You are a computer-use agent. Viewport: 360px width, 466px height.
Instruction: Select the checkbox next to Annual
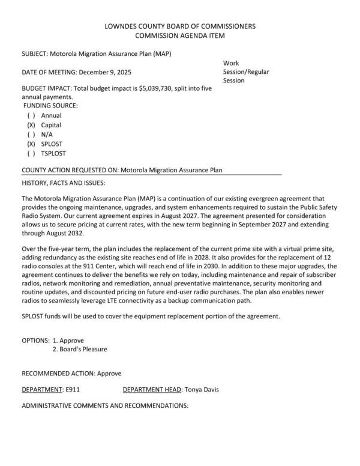pos(31,115)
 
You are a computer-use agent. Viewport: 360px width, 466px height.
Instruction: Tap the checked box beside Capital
pos(31,125)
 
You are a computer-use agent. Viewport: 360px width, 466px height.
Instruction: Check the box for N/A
pos(31,135)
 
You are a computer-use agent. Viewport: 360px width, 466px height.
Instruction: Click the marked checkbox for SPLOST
pos(31,145)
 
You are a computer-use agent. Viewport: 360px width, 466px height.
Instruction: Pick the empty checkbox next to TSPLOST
pos(31,154)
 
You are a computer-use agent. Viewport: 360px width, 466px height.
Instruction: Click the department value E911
pos(70,390)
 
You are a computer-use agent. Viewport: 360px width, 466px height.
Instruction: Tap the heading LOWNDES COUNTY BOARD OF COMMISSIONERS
pos(180,26)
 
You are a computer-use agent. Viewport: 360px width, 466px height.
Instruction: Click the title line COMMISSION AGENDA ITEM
pos(180,36)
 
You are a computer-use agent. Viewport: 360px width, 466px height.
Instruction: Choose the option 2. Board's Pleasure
pos(80,349)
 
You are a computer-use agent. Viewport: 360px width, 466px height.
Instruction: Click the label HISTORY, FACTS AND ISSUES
pos(64,182)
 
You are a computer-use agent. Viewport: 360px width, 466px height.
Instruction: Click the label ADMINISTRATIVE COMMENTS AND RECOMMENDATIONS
pos(105,406)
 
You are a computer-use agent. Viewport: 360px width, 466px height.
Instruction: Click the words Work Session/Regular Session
pos(245,72)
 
